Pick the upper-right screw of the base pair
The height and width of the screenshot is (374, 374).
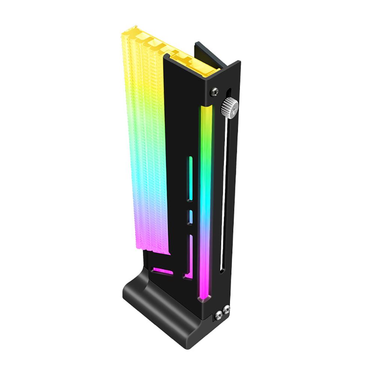(x=226, y=309)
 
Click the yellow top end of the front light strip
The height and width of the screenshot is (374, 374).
(x=206, y=112)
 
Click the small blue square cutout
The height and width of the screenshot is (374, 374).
(x=190, y=217)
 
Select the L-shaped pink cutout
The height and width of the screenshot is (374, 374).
(x=189, y=262)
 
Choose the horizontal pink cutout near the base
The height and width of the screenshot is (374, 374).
(x=163, y=270)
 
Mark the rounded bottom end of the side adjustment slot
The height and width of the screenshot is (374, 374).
(x=222, y=270)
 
